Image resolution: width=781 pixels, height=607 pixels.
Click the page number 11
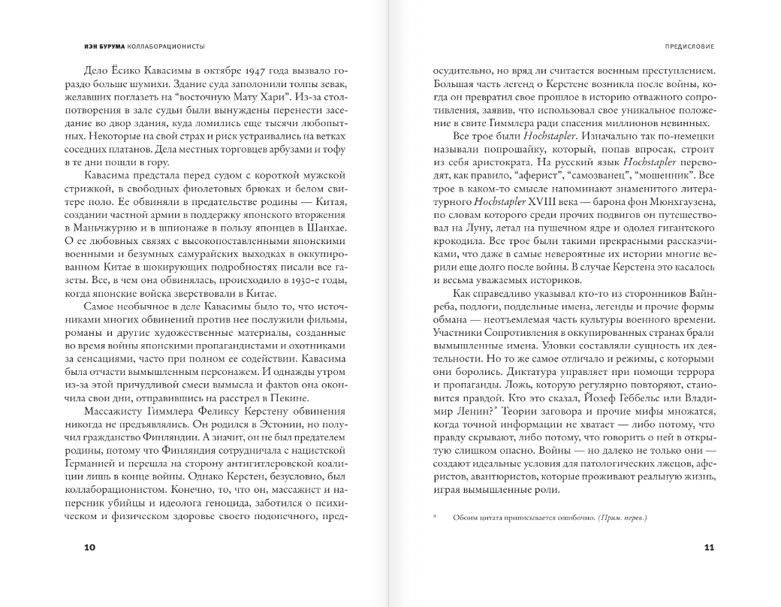point(709,547)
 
